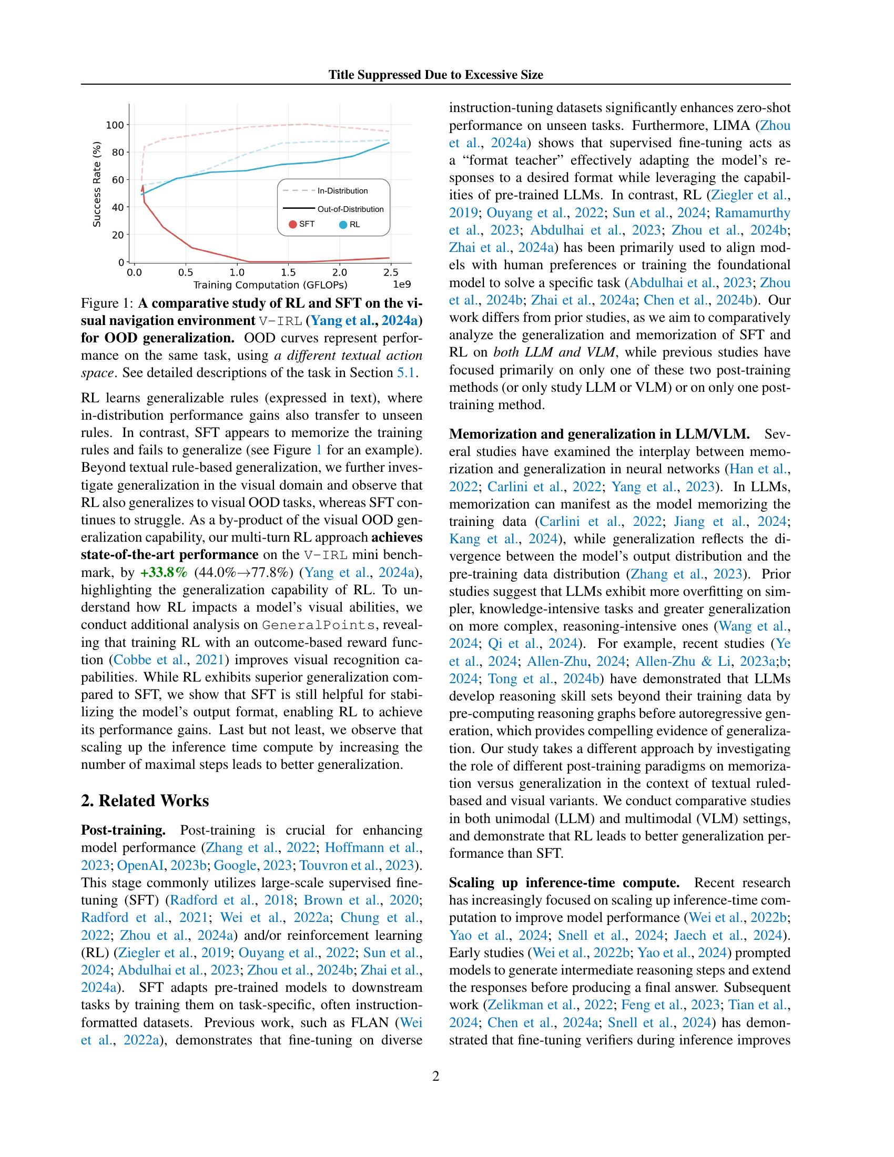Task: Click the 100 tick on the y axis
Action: pos(115,125)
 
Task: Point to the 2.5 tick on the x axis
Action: pos(390,272)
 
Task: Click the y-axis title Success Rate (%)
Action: pos(96,184)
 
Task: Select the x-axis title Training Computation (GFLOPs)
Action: pos(270,285)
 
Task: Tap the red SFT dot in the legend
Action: pos(292,225)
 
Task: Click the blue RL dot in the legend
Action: pos(343,225)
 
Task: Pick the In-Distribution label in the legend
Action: pos(342,191)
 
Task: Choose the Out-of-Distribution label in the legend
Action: pos(350,209)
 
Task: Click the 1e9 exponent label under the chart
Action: pos(401,285)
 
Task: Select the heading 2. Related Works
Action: pos(145,800)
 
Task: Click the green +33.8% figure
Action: pos(164,573)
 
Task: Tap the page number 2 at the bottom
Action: pos(435,1076)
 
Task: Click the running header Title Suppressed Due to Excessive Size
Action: pos(435,75)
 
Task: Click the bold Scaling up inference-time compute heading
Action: pos(564,883)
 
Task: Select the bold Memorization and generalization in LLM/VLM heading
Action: pos(599,434)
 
